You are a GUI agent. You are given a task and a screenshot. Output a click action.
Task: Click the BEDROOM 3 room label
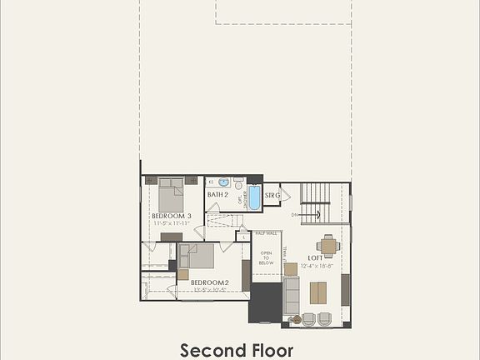172,216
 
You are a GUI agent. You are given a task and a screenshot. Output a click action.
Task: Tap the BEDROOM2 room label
209,282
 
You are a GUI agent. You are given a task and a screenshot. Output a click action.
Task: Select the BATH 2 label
218,195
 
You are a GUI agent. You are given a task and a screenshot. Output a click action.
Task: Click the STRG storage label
272,196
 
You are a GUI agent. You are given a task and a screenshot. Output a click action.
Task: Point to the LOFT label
316,258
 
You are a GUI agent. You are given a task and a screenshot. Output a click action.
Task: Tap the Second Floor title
237,349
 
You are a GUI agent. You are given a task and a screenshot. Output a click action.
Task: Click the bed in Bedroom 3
171,196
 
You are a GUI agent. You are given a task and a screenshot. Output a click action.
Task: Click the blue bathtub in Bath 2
253,197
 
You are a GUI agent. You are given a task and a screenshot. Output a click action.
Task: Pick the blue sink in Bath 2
223,181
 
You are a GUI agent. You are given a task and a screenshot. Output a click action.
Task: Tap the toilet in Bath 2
238,182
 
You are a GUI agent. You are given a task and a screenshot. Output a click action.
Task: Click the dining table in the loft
328,245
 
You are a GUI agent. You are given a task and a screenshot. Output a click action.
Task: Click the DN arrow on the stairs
296,215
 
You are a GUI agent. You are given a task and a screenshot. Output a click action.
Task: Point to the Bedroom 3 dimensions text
172,223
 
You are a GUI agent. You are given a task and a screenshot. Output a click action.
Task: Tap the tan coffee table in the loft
318,292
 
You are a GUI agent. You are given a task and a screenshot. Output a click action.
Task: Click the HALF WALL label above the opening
267,233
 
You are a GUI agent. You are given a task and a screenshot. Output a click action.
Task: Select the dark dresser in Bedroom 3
172,237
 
